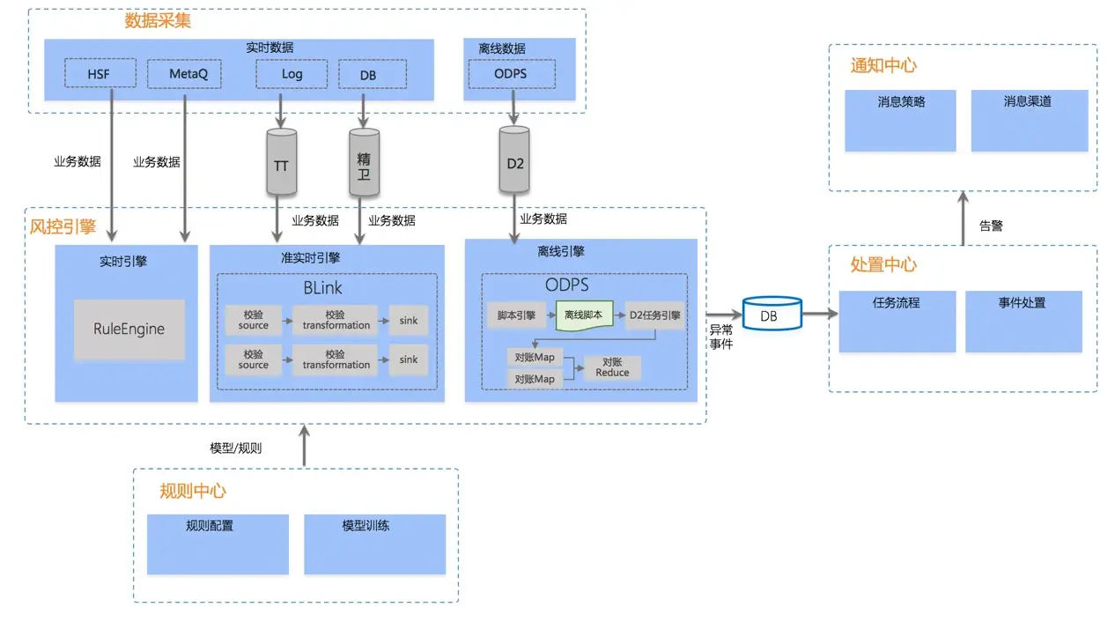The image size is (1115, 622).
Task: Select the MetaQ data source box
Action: pos(184,74)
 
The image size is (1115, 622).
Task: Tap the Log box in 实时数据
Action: pos(292,74)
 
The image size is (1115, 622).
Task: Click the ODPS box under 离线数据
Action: pos(512,74)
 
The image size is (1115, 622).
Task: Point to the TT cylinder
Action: pos(281,163)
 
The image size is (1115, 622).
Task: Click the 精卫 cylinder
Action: pos(364,163)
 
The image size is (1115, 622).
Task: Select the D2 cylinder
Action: pos(514,160)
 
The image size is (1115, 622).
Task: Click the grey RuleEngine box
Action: pos(129,330)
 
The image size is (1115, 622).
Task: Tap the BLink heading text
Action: pos(322,288)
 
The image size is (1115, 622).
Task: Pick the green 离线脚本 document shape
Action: pos(584,315)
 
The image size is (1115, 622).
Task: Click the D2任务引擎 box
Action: pos(654,315)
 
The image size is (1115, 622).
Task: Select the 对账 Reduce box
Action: pos(612,367)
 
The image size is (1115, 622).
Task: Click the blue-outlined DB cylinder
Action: pos(769,314)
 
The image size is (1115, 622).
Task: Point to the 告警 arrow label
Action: pos(991,226)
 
